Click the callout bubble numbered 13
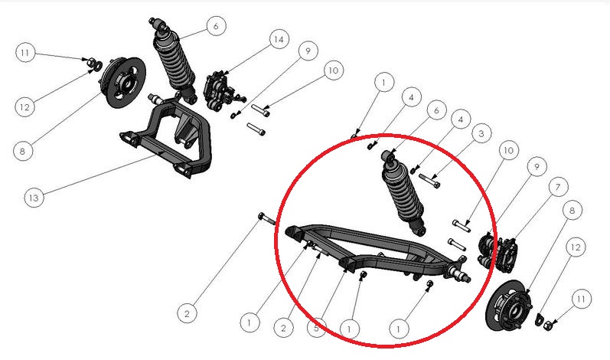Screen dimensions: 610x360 pos(34,198)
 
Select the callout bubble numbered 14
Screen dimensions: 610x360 pos(279,39)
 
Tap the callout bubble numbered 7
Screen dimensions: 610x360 pos(558,187)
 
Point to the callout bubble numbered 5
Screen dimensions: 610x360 pos(316,328)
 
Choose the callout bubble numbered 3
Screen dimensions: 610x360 pos(481,134)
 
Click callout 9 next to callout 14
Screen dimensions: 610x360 pos(308,51)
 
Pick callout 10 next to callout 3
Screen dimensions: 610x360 pos(509,150)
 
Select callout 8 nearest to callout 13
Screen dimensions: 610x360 pos(22,151)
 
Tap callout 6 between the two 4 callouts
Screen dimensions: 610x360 pos(436,110)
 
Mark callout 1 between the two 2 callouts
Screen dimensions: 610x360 pos(250,322)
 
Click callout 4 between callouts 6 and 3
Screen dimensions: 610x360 pos(461,119)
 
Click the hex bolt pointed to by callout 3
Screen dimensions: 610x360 pos(429,180)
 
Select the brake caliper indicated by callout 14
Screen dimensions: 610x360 pos(219,91)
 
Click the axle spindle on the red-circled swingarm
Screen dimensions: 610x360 pos(459,273)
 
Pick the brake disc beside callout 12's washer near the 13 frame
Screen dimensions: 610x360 pos(123,82)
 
